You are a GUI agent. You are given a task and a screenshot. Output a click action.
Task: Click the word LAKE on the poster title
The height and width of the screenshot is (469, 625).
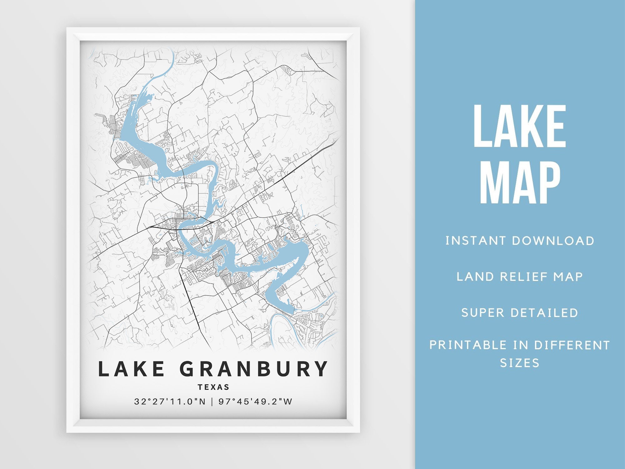pos(132,369)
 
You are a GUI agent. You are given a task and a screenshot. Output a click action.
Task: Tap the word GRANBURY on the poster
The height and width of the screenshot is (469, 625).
pos(254,369)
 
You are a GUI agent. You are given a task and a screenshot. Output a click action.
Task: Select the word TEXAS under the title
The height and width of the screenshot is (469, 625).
pos(214,387)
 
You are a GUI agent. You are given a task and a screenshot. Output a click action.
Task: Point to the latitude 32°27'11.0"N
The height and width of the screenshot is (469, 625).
pos(170,401)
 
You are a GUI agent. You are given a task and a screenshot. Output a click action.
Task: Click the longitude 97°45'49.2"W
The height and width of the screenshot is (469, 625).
pos(255,401)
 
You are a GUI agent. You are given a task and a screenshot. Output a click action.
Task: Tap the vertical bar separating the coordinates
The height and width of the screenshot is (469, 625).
pos(212,401)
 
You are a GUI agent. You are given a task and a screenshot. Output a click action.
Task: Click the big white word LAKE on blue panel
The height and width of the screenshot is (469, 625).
pos(520,127)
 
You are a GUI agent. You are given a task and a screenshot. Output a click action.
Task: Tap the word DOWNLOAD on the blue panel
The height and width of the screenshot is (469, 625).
pos(553,241)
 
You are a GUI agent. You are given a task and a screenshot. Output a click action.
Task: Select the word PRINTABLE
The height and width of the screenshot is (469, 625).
pos(468,345)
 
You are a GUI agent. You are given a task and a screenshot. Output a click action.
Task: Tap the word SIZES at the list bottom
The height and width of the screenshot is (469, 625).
pos(520,363)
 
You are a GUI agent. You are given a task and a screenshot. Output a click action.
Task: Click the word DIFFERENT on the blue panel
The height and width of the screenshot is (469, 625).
pos(572,345)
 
